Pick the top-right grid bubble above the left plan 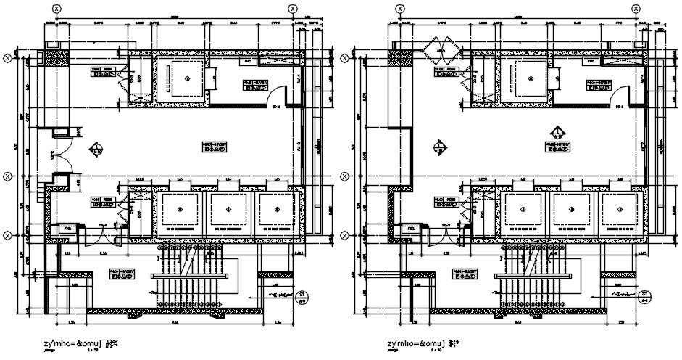(x=292, y=9)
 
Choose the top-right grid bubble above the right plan (x=636, y=9)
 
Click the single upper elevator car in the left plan (x=188, y=78)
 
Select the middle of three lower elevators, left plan (x=229, y=210)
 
